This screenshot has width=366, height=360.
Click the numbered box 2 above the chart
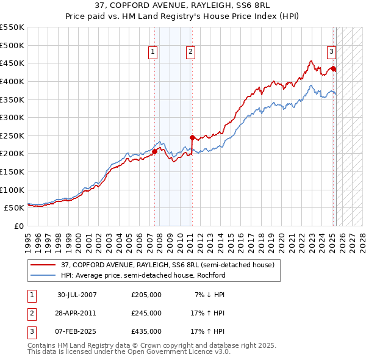pos(191,52)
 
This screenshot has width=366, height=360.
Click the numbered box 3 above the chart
pos(331,52)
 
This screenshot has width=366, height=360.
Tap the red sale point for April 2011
pos(192,137)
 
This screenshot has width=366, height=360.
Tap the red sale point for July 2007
pos(154,152)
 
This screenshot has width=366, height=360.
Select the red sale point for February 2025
pos(333,69)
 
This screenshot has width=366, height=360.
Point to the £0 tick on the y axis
pos(20,226)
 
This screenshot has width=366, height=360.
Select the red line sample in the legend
pos(43,265)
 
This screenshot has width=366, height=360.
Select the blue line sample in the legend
pos(43,275)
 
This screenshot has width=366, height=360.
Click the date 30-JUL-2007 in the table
pos(77,295)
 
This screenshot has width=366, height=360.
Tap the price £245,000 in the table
pos(146,313)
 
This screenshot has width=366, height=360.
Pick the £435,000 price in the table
pos(146,331)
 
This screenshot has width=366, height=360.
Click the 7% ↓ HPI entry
pos(210,295)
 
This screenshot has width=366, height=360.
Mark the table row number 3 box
pos(30,331)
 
